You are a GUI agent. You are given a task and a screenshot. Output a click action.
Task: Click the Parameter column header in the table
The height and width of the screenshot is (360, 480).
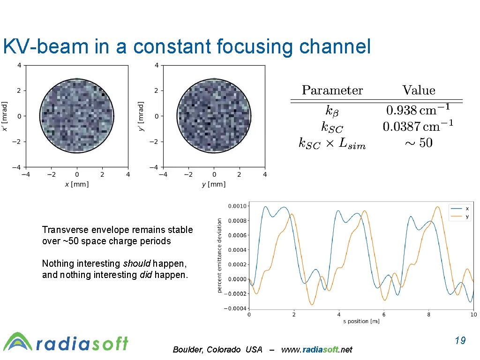[332, 90]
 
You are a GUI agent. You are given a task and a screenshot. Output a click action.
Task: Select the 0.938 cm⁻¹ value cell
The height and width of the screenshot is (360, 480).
[418, 111]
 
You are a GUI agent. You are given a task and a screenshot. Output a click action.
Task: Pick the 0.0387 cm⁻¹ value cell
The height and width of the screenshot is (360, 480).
[418, 127]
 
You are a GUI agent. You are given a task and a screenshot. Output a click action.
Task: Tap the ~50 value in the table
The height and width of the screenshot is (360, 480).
[418, 143]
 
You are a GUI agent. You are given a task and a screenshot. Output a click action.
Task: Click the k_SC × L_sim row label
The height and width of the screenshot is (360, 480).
[332, 143]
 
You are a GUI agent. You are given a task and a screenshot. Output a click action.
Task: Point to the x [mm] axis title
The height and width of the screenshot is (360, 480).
[77, 184]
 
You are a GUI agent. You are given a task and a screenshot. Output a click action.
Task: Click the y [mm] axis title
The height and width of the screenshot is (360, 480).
[214, 184]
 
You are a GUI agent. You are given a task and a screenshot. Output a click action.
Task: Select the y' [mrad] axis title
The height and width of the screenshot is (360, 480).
[141, 116]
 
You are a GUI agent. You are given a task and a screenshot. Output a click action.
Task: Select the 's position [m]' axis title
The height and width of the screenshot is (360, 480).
[361, 321]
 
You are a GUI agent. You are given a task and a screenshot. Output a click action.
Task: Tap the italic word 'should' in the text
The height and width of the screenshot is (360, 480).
[136, 263]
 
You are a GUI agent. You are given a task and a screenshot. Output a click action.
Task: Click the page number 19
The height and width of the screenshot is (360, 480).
[460, 340]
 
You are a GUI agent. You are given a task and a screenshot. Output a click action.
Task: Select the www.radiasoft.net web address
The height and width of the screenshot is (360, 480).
[316, 350]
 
